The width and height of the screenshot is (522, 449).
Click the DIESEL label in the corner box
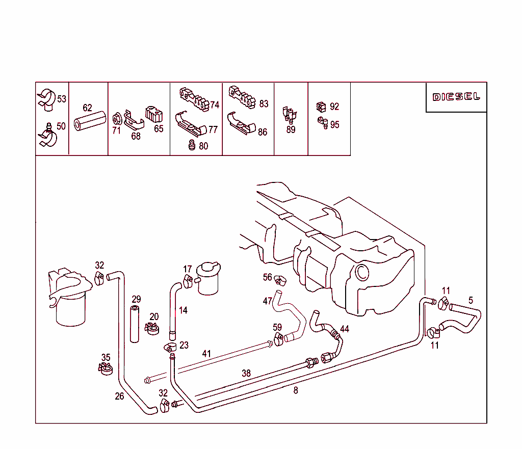[x=456, y=97]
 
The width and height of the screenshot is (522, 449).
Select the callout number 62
[x=88, y=108]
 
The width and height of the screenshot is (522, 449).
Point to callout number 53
[x=62, y=99]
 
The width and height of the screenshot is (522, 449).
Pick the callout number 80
[x=203, y=146]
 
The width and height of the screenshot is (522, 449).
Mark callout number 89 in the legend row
[x=291, y=130]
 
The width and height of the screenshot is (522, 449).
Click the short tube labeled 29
[x=135, y=324]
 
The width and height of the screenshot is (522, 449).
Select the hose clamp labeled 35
[x=105, y=368]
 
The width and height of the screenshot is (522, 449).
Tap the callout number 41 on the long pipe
[x=206, y=353]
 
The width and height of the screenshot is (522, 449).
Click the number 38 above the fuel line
[x=246, y=374]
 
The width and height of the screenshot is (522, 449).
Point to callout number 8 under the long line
[x=296, y=391]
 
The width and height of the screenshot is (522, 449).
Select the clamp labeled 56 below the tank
[x=279, y=280]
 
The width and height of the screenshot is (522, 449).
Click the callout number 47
[x=267, y=301]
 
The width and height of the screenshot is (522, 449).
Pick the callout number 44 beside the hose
[x=345, y=329]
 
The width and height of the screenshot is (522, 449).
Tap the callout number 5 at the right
[x=471, y=301]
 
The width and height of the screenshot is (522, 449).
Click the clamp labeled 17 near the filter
[x=188, y=279]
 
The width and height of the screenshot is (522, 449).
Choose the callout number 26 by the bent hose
[x=119, y=396]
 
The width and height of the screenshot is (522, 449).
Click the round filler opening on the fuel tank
[x=362, y=272]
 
